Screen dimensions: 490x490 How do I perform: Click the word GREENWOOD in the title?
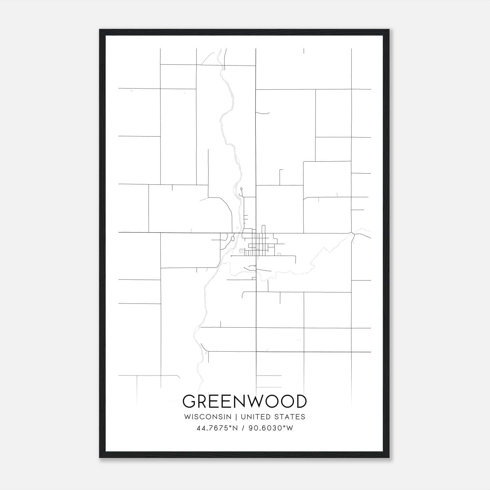pos(244,401)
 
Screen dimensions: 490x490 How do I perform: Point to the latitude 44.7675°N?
pos(217,428)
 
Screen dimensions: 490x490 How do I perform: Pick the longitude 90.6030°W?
pos(271,428)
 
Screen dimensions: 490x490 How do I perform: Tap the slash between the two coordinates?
pos(243,428)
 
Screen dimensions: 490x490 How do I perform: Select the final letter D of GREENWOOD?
pos(300,401)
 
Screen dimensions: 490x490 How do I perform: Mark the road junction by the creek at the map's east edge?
pos(353,234)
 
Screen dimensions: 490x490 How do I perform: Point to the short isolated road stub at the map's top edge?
pos(304,51)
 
